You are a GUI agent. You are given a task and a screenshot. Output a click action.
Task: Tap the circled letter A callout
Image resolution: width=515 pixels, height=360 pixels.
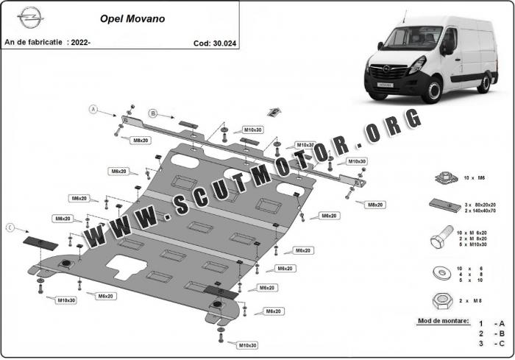click(x=93, y=110)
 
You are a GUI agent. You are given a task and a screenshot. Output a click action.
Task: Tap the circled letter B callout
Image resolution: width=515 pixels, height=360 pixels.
click(x=153, y=113)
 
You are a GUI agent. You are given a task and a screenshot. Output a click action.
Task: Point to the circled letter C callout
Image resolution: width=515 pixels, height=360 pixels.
click(x=10, y=228)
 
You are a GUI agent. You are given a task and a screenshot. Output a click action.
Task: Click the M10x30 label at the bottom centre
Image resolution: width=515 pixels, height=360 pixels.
click(x=247, y=345)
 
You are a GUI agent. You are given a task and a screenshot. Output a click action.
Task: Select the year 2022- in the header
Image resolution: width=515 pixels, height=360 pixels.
click(x=79, y=42)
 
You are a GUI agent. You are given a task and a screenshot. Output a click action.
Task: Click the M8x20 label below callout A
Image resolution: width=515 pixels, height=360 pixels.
click(x=141, y=140)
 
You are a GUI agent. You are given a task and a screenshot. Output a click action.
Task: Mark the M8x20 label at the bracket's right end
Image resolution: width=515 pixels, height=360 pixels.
click(x=375, y=203)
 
